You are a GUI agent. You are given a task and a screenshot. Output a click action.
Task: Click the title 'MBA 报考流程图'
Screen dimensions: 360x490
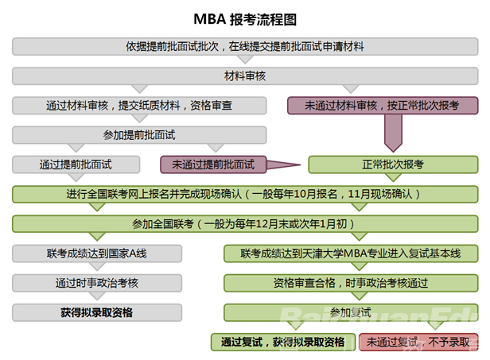tap(244, 17)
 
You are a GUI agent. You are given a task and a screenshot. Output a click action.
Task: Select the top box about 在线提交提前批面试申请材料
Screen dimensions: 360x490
tap(244, 46)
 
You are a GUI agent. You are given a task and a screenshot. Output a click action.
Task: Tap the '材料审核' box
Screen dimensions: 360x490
tap(244, 76)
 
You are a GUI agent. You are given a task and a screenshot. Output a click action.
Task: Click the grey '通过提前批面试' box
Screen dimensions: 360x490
tap(76, 165)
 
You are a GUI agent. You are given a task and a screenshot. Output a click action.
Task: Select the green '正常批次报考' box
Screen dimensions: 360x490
tap(393, 165)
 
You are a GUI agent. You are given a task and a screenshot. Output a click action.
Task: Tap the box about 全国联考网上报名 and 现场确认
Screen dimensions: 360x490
tap(244, 194)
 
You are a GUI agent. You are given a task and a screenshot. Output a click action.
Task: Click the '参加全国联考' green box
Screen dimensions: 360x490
tap(244, 223)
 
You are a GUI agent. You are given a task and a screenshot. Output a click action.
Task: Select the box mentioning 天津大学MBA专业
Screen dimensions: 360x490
tap(352, 254)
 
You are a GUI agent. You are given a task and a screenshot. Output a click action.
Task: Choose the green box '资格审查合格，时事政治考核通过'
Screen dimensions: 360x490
tap(352, 283)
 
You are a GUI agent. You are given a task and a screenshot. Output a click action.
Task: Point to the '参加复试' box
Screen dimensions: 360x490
tap(352, 312)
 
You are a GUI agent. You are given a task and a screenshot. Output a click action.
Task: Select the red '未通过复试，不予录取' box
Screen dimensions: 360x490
tap(419, 342)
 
